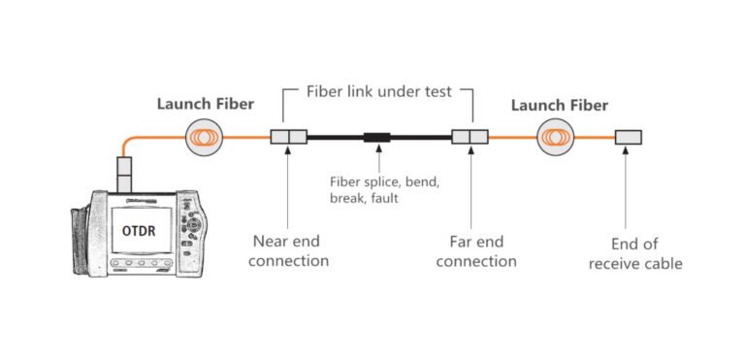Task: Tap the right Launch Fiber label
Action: click(559, 105)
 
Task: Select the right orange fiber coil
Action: click(561, 137)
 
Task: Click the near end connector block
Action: click(288, 137)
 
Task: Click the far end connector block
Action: click(470, 137)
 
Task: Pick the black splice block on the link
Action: click(376, 137)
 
